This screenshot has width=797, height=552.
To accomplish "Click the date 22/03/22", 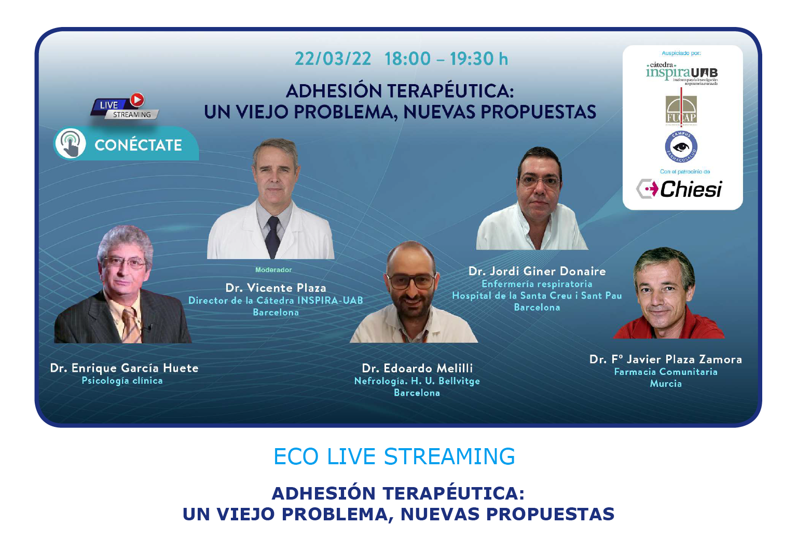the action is tap(333, 59).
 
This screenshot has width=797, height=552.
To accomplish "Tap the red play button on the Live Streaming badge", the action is tap(138, 100).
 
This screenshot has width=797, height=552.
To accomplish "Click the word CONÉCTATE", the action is tap(139, 145).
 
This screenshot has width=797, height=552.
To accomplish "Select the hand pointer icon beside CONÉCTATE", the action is tap(71, 144).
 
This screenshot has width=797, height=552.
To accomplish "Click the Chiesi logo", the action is tap(680, 189).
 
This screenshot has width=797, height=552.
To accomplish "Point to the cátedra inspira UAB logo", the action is tap(682, 73).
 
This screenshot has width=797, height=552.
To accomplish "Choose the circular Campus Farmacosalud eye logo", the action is tap(681, 147).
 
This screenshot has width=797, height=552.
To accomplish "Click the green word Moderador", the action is tap(273, 270).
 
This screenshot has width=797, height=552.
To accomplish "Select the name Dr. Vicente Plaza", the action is tap(276, 288).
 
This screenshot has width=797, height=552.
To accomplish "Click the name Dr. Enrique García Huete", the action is tap(124, 368).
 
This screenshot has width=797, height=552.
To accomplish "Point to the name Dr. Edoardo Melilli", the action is tap(417, 368).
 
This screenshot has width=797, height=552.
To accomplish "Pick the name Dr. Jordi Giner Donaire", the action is tap(537, 272).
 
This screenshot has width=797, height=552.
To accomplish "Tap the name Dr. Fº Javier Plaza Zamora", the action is tap(666, 359).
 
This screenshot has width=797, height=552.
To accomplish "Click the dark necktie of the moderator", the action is tap(272, 236).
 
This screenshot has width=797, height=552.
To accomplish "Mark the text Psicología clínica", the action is tap(122, 381).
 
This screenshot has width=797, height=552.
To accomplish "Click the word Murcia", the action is tap(666, 384).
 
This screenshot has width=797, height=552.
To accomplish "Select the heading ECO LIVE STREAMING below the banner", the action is tap(394, 456).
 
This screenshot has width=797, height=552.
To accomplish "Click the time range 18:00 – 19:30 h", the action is tap(446, 59).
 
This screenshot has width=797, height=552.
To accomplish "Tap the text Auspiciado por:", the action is tap(681, 53).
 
